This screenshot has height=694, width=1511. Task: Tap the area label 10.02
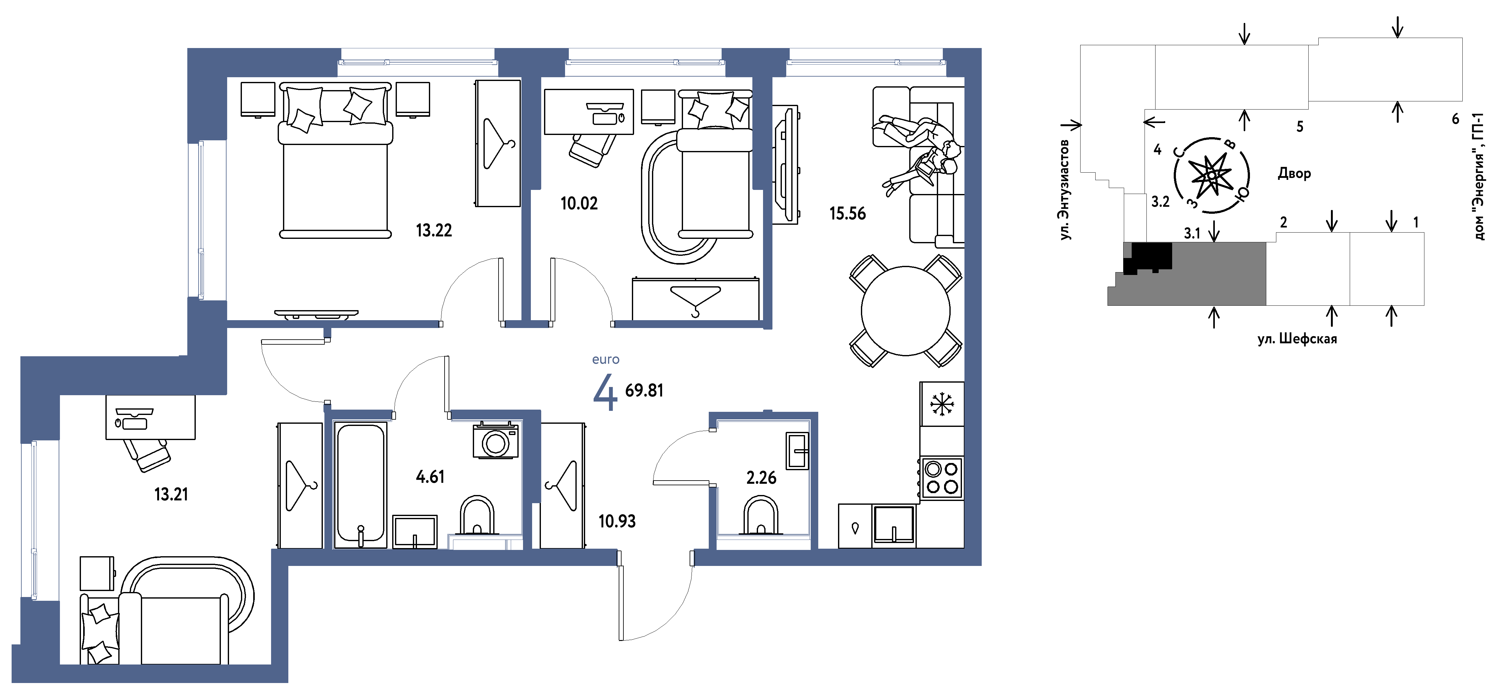(x=579, y=204)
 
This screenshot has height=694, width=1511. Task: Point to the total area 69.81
(x=644, y=391)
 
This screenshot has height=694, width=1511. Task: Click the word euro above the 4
(x=605, y=360)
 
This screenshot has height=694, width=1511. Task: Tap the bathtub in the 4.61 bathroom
(x=360, y=485)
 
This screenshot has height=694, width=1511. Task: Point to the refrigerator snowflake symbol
(x=942, y=404)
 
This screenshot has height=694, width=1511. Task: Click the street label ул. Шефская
(x=1297, y=339)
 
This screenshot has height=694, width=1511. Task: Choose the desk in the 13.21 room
(x=150, y=417)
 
